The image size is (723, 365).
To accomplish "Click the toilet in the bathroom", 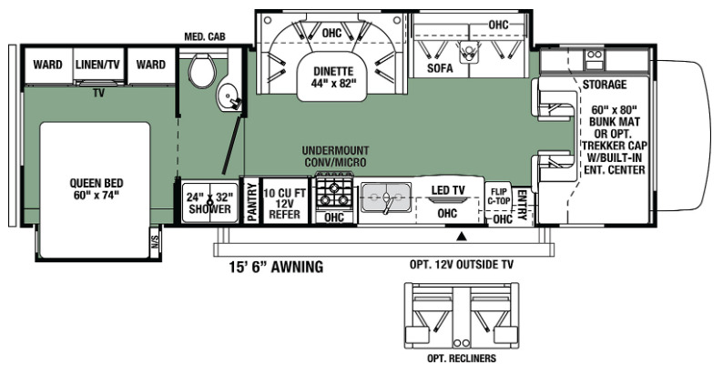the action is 202,69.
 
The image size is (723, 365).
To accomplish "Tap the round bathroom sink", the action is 228,96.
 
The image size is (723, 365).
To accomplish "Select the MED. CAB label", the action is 205,36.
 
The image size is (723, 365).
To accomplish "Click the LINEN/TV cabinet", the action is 98,66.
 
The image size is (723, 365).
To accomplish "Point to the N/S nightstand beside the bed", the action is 155,241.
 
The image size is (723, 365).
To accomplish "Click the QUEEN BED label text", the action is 97,188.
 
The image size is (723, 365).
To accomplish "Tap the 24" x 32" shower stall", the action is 209,203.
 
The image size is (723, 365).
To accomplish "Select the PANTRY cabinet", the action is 251,202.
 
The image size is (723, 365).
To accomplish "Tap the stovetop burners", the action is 334,194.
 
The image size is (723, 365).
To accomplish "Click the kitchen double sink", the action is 386,198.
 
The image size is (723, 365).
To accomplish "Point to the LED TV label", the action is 448,190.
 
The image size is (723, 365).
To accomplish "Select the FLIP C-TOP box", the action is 497,197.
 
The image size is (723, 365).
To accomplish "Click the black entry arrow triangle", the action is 461,236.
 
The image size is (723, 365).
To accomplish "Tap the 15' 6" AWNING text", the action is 276,267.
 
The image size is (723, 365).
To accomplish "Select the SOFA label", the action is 440,68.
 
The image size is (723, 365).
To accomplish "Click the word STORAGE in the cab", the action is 605,85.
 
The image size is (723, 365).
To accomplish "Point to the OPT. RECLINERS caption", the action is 462,358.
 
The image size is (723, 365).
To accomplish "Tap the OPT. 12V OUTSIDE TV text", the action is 461,265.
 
